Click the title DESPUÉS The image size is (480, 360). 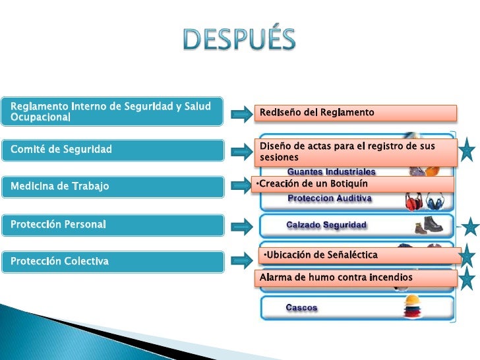pyautogui.click(x=239, y=40)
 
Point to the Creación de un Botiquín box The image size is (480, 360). pyautogui.click(x=352, y=183)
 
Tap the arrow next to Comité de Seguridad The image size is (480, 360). pyautogui.click(x=242, y=152)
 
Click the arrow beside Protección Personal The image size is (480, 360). pyautogui.click(x=242, y=226)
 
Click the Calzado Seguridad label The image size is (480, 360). pyautogui.click(x=326, y=225)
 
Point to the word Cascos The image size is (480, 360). pyautogui.click(x=301, y=308)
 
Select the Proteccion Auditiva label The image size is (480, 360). pyautogui.click(x=330, y=198)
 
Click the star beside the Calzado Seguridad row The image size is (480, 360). pyautogui.click(x=470, y=227)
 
